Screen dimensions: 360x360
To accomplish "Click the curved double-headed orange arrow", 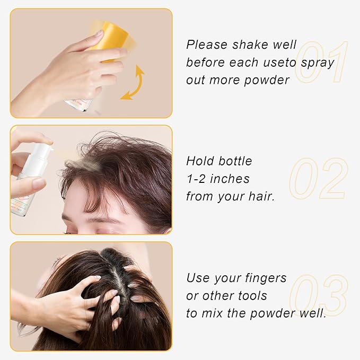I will (133, 83).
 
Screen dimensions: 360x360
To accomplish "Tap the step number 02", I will (318, 179).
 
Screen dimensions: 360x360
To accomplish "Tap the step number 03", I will (319, 296).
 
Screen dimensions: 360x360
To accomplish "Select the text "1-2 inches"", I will (218, 179).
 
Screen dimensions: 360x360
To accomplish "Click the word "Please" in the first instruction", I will (207, 45).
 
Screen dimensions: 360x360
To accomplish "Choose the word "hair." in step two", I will (265, 197).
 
